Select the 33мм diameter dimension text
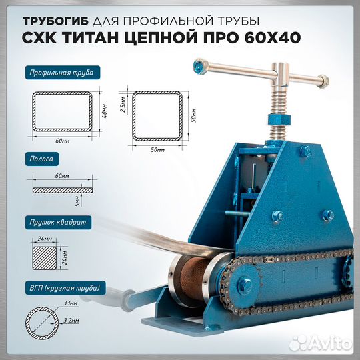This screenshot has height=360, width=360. (x=66, y=303)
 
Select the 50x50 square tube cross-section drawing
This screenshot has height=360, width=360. (x=157, y=115)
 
